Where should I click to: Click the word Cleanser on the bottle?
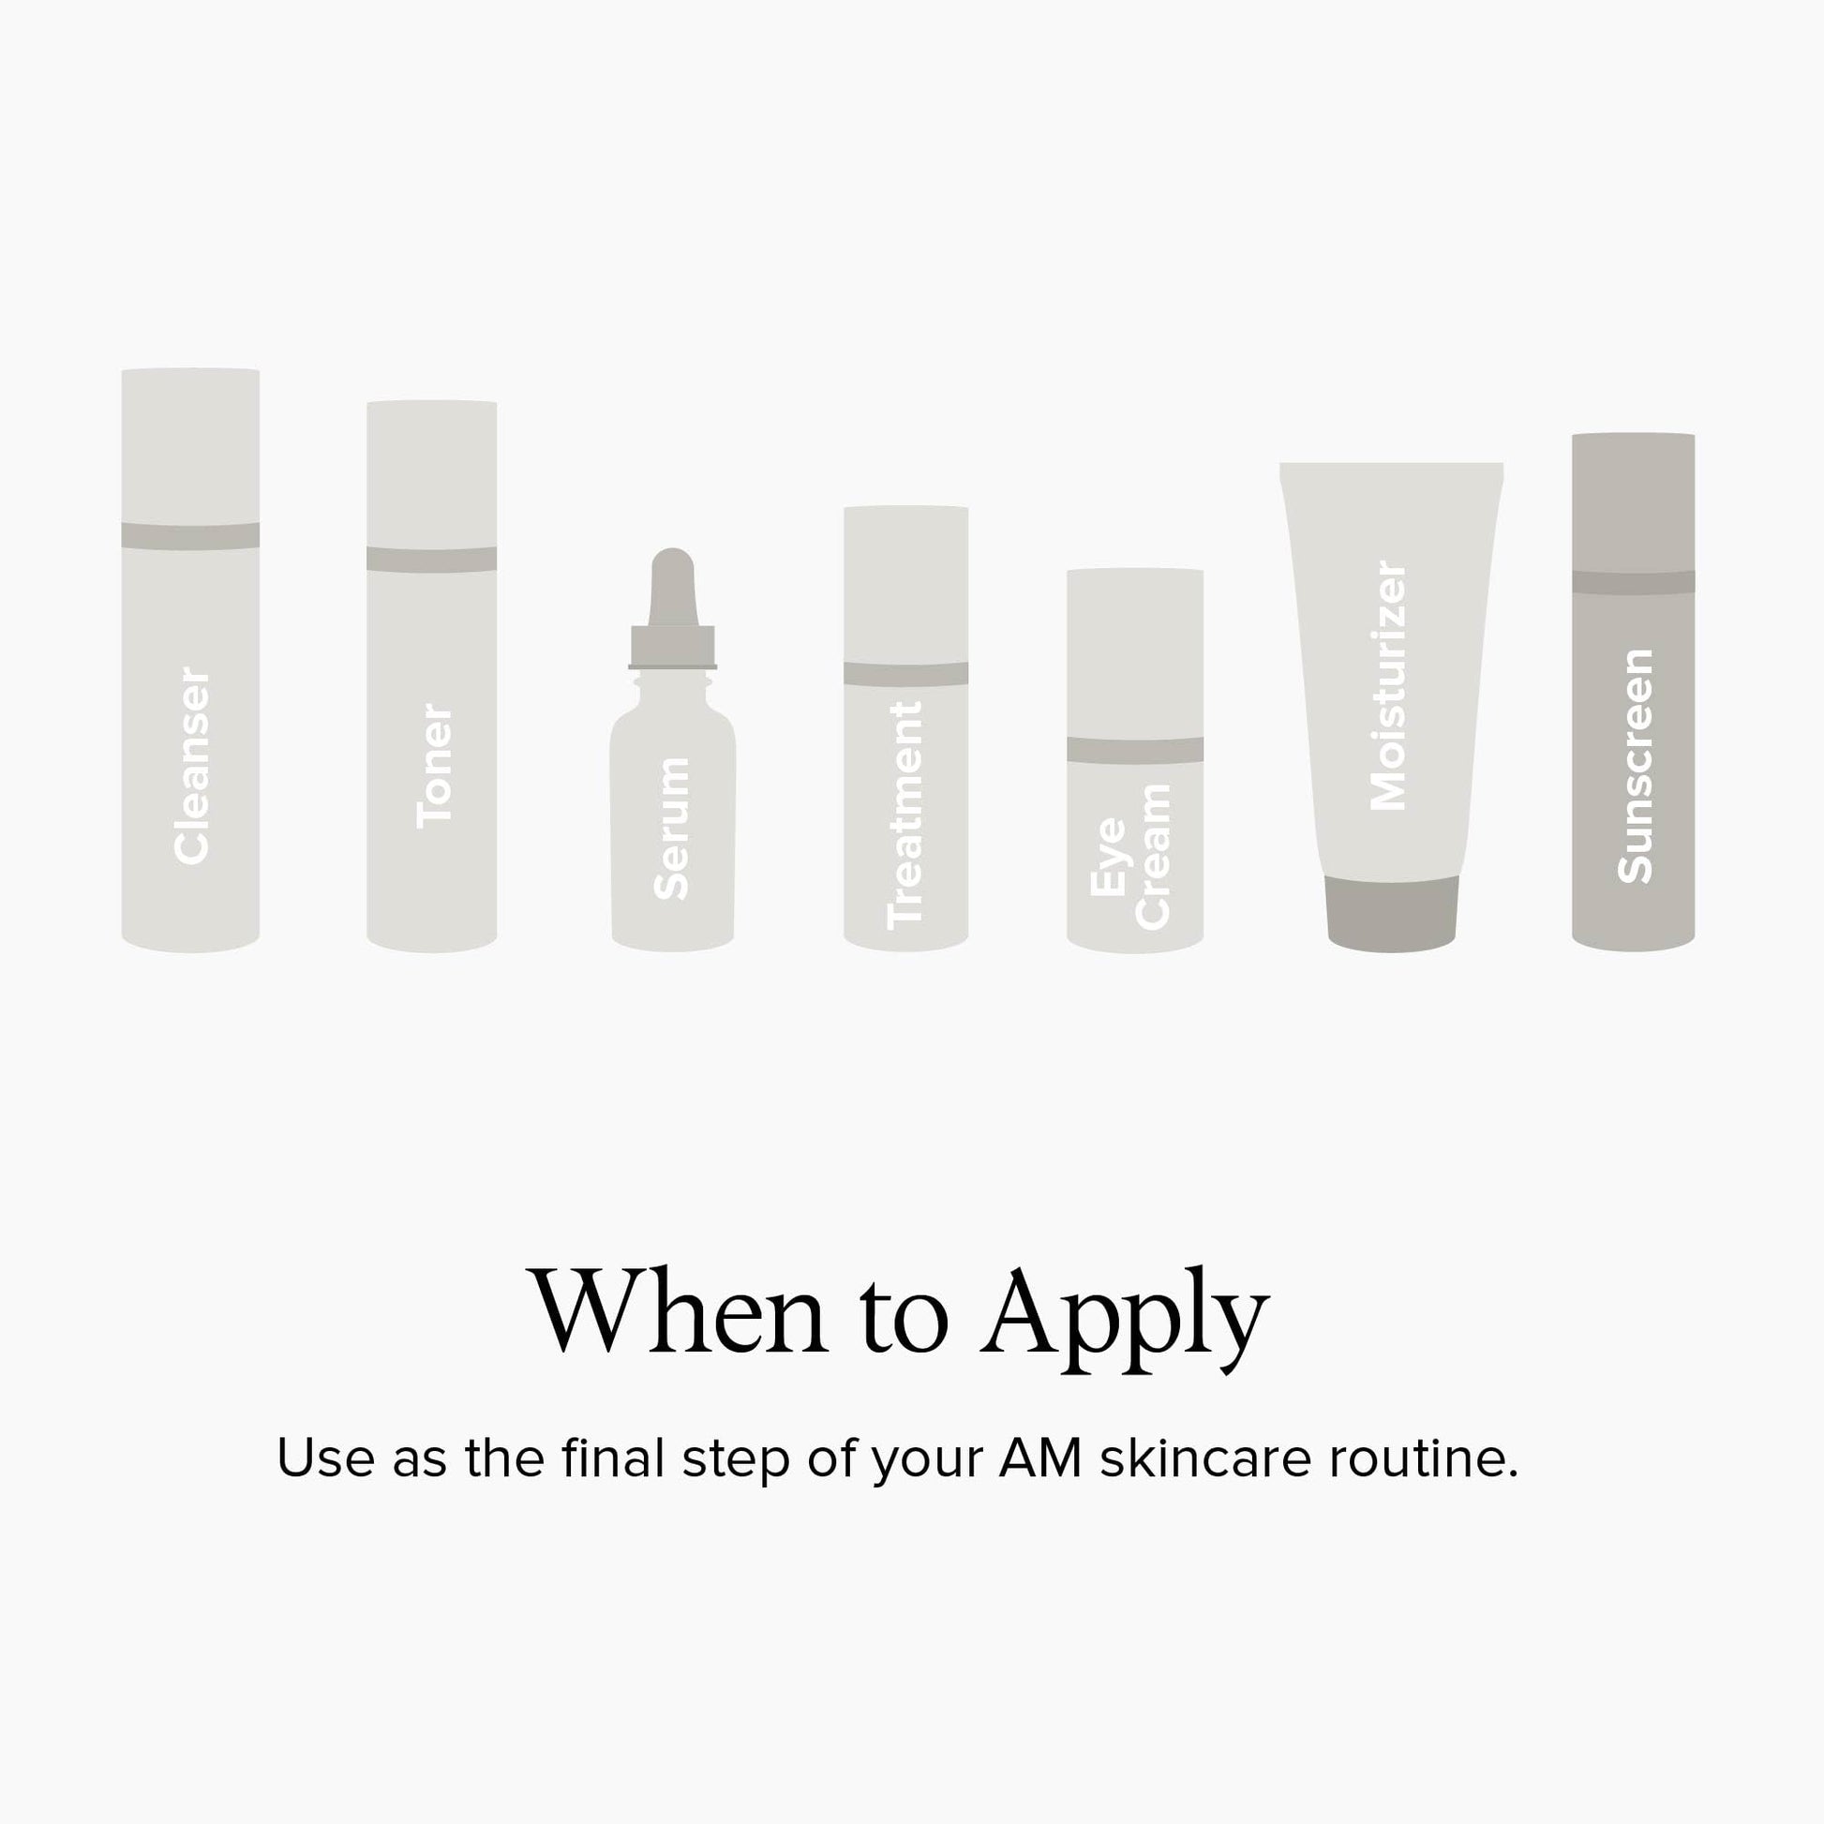pos(191,766)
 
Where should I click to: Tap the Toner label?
pos(434,766)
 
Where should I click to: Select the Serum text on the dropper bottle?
pos(671,828)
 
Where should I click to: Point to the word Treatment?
pos(905,815)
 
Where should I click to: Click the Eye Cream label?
pos(1130,857)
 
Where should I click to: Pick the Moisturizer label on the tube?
pos(1388,685)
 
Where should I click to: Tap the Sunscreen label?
pos(1636,767)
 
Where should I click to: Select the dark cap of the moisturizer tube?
pos(1392,913)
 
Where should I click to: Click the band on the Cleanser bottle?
pos(190,536)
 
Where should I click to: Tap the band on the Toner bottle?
pos(431,560)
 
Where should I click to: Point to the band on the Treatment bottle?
pos(905,674)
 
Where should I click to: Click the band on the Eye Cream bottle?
pos(1135,750)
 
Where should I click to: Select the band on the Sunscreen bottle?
pos(1634,582)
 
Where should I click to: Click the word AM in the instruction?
pos(1040,1458)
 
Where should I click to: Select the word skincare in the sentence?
pos(1205,1457)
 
